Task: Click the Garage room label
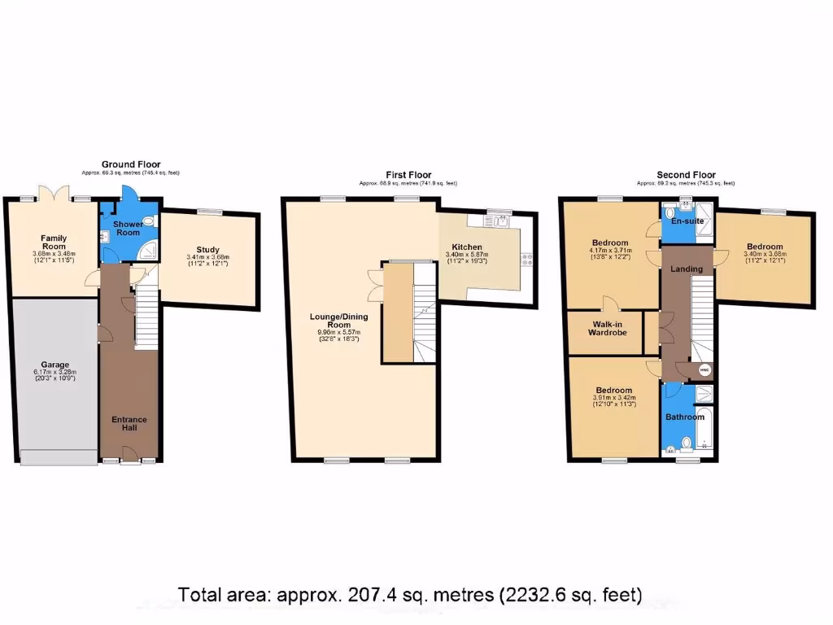click(55, 365)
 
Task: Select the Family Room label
click(55, 243)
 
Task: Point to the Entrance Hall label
click(129, 424)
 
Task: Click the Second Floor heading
click(686, 174)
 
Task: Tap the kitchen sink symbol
click(499, 220)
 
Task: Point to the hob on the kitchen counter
click(527, 260)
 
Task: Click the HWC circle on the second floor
click(704, 369)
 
